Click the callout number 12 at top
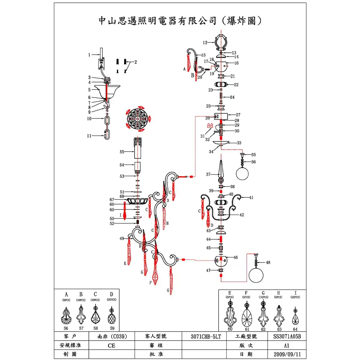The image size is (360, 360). tap(204, 42)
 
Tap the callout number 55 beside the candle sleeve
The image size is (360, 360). tap(122, 152)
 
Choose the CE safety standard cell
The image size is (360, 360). tap(111, 345)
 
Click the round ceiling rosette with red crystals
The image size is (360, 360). tap(139, 117)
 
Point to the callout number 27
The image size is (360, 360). tap(238, 114)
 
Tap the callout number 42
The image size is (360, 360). tap(242, 215)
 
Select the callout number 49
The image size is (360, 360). tap(122, 238)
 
